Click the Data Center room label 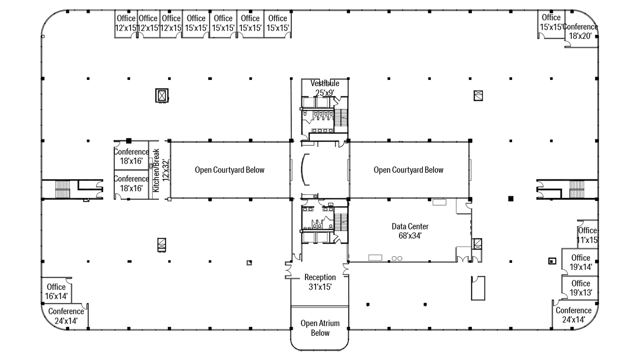[410, 231]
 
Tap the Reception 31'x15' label [320, 282]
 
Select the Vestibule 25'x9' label [325, 88]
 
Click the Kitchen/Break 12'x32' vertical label [161, 170]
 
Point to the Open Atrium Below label [320, 328]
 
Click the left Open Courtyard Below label [230, 170]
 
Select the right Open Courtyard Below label [408, 170]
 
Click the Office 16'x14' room [56, 291]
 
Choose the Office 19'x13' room [581, 288]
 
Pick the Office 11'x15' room [587, 235]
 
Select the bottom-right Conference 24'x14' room [573, 315]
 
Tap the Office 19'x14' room [581, 262]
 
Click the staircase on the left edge [62, 189]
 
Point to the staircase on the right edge [577, 189]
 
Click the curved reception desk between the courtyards [305, 170]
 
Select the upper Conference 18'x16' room [131, 156]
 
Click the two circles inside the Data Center [397, 259]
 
